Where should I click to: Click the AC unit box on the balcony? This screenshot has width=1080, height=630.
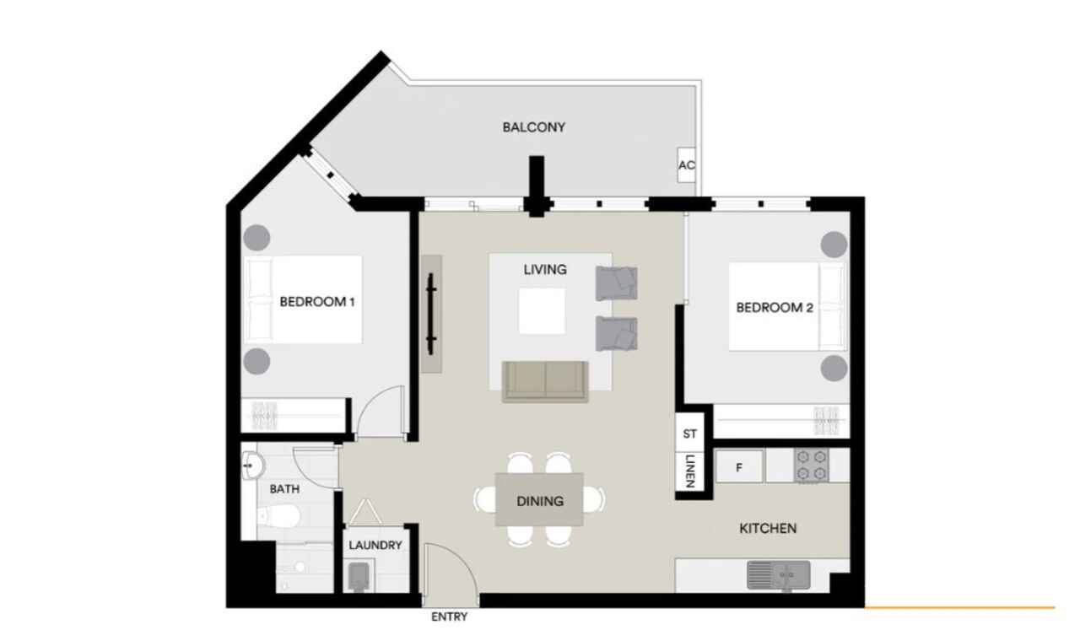(687, 164)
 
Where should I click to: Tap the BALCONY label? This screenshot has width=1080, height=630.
(534, 127)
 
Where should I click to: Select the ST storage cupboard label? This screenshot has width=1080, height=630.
(690, 433)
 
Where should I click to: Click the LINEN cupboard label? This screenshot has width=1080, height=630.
(689, 471)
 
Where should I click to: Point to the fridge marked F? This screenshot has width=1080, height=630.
(739, 466)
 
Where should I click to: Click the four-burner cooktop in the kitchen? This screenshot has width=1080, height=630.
(812, 466)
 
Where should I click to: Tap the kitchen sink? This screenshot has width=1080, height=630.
(778, 575)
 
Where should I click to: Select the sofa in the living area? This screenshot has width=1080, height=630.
(545, 381)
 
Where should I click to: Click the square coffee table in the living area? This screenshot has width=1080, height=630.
(542, 311)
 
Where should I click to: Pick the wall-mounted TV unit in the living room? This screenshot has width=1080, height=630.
(431, 313)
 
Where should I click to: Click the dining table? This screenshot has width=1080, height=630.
(539, 499)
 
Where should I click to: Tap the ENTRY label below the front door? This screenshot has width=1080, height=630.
(449, 617)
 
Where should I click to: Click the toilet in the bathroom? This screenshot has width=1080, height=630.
(278, 517)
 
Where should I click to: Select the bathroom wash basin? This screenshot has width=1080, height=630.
(252, 466)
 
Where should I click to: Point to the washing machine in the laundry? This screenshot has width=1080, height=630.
(359, 577)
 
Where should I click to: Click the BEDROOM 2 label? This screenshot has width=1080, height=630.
(775, 308)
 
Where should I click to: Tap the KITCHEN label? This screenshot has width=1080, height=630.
(768, 528)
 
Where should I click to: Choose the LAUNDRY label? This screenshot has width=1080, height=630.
(375, 545)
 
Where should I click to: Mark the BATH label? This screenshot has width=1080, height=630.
(284, 489)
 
